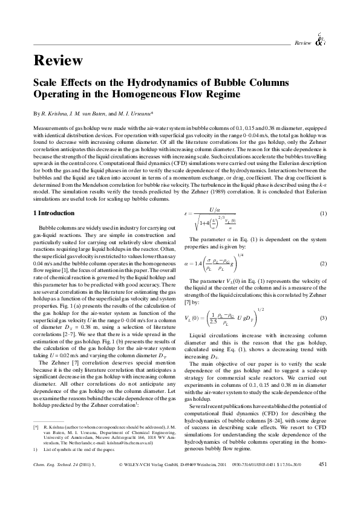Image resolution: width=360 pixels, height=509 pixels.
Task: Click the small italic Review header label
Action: pyautogui.click(x=302, y=43)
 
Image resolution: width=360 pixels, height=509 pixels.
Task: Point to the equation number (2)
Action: pyautogui.click(x=324, y=263)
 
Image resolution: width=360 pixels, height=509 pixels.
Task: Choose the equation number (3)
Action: pyautogui.click(x=324, y=318)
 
